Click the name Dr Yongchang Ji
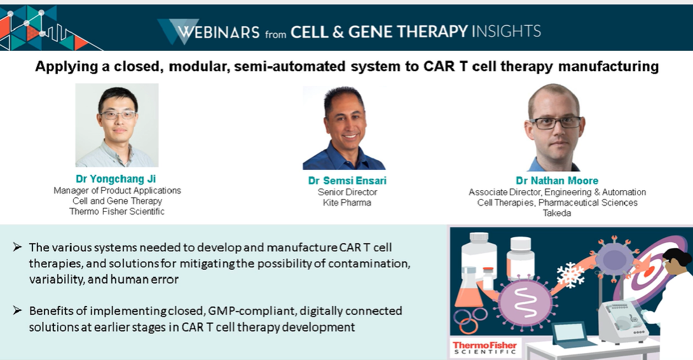coord(116,179)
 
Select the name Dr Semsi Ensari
coord(347,181)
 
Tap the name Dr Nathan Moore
coord(557,181)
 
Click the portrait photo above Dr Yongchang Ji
coord(117,125)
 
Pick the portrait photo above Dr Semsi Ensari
coord(344,128)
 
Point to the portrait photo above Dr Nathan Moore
coord(554,127)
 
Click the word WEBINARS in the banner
coord(218,32)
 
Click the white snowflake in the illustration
coord(570,275)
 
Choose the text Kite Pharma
coord(347,203)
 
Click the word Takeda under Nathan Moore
coord(557,213)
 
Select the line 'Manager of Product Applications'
coord(117,191)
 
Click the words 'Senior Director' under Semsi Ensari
coord(347,192)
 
